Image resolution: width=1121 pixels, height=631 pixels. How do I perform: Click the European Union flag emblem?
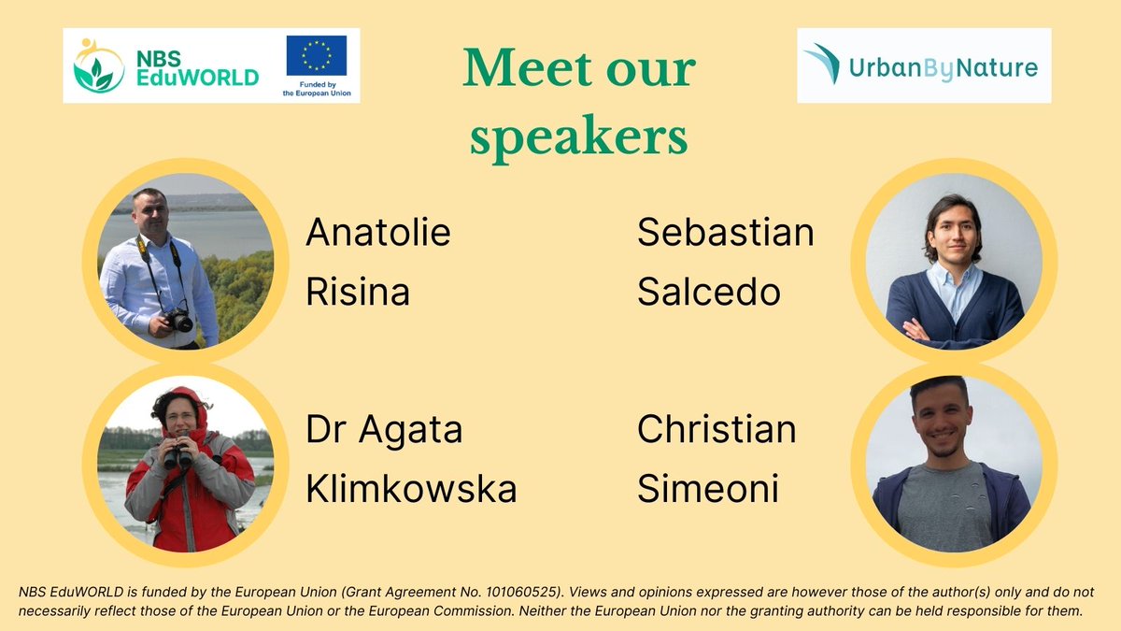point(316,55)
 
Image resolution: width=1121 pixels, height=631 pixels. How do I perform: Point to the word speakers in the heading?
point(578,136)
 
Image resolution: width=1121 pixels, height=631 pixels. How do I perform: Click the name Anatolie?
point(378,233)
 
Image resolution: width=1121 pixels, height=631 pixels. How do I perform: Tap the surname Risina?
point(358,293)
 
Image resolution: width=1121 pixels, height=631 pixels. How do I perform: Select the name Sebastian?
point(726,233)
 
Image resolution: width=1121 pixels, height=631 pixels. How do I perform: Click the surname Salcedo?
point(708,293)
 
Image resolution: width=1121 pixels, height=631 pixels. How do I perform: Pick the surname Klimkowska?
point(411,489)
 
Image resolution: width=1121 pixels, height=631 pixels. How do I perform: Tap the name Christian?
point(717,430)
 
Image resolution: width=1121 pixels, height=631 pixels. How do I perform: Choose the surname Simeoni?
point(707,489)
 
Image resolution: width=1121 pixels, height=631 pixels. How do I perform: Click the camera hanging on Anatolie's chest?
point(177,321)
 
